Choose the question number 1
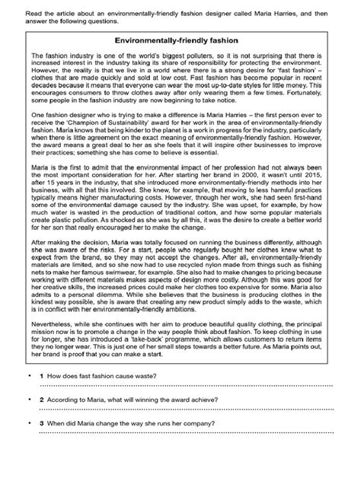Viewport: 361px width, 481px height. pos(40,396)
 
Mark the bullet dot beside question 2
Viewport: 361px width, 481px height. pos(29,420)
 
